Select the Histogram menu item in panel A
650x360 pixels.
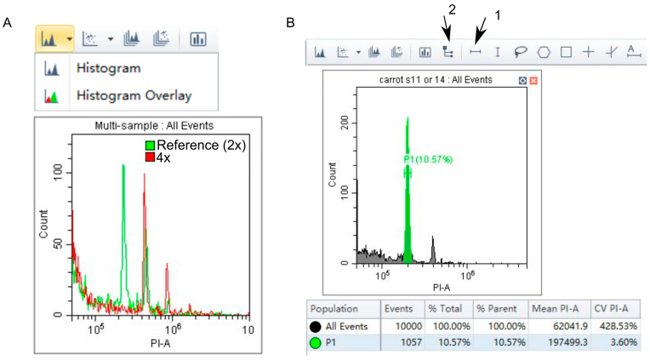(x=108, y=68)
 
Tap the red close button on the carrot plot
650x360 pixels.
(x=533, y=80)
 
